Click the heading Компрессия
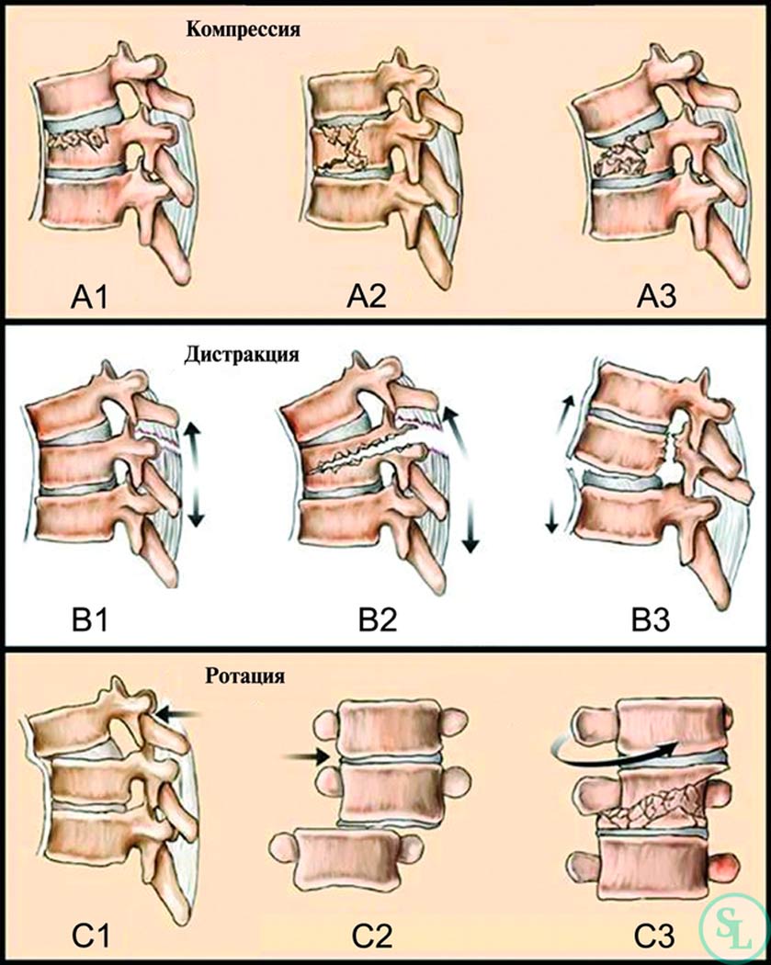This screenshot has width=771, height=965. [243, 29]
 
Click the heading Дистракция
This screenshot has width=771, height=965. [242, 355]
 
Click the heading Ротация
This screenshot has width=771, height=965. [244, 675]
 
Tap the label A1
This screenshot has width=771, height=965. [90, 297]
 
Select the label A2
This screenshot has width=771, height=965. [367, 297]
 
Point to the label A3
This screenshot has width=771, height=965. [657, 297]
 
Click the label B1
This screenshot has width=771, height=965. [90, 619]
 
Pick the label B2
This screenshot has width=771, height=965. [378, 619]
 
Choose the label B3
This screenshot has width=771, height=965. [651, 619]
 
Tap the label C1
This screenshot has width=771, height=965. [91, 937]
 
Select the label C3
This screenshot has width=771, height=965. [654, 937]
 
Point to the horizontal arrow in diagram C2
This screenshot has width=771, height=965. [306, 756]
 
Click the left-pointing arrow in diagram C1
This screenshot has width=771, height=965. [177, 714]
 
